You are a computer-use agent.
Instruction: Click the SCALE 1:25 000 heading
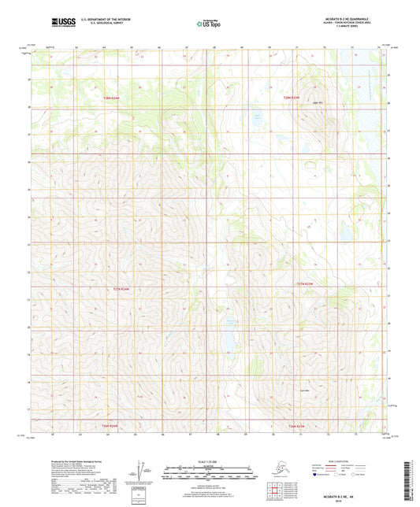click(x=210, y=460)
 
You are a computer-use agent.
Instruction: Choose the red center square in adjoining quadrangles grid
click(x=276, y=490)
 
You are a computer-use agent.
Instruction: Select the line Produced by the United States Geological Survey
click(x=63, y=462)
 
